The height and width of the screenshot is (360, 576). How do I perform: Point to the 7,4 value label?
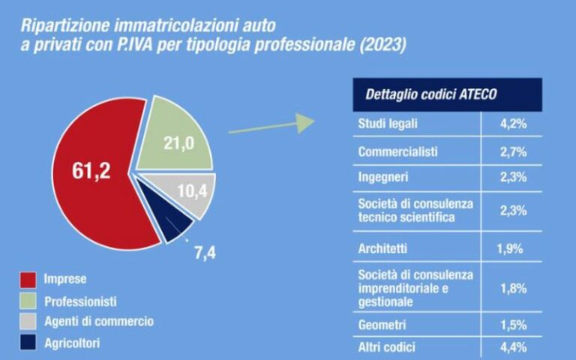[205, 253]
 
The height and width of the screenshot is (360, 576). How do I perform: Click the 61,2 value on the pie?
[91, 171]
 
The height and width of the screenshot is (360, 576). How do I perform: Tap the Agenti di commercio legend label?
[109, 322]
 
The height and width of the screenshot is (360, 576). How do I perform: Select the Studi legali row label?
[388, 124]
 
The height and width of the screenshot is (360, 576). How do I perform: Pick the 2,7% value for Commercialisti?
[514, 152]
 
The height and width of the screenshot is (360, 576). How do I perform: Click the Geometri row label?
[382, 325]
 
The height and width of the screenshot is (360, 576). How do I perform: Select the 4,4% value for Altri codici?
[514, 346]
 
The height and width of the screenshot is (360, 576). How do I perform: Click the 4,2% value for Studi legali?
[514, 124]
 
